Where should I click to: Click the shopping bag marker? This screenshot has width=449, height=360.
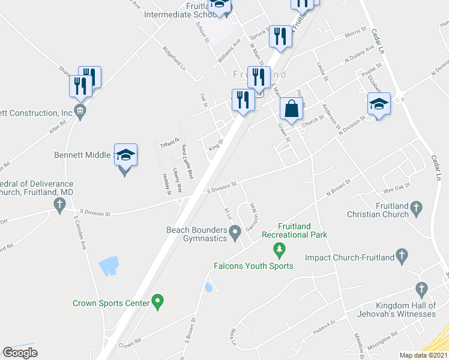[x=291, y=110]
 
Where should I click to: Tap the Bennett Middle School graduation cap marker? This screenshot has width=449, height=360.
[x=125, y=156]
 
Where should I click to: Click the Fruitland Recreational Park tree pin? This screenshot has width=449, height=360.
[x=279, y=248]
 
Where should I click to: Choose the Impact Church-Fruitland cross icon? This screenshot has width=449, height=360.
[x=402, y=258]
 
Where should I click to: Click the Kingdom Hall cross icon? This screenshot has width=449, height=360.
[x=422, y=290]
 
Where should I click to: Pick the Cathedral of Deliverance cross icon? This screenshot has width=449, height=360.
[x=59, y=206]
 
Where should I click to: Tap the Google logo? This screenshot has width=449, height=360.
[x=20, y=352]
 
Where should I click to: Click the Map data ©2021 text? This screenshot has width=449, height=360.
[x=423, y=355]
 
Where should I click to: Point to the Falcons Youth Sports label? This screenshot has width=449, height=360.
[x=253, y=266]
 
